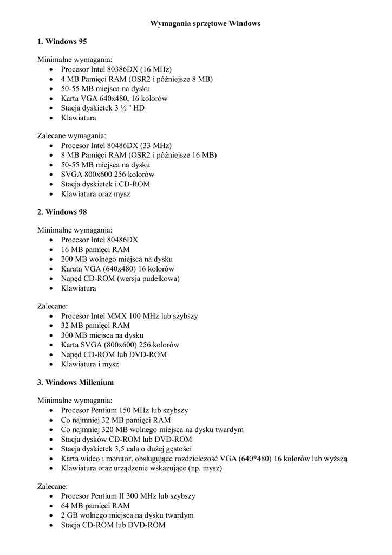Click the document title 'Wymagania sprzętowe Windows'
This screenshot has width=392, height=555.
198,24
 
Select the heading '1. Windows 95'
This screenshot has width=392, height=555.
62,41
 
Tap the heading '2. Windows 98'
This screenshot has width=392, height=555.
62,212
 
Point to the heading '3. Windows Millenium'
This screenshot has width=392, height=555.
76,382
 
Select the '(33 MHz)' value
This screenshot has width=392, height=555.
156,145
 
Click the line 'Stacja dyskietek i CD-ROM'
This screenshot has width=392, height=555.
106,184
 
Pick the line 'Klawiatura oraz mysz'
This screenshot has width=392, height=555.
95,193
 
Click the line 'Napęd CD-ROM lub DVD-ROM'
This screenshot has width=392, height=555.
114,354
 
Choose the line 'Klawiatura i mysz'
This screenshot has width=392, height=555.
90,364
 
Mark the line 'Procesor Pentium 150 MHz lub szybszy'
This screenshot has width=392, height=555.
125,410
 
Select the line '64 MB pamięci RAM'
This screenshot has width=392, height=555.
95,506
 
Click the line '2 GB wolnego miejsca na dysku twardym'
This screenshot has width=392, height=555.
127,515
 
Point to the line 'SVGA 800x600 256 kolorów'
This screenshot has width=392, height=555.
108,174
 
